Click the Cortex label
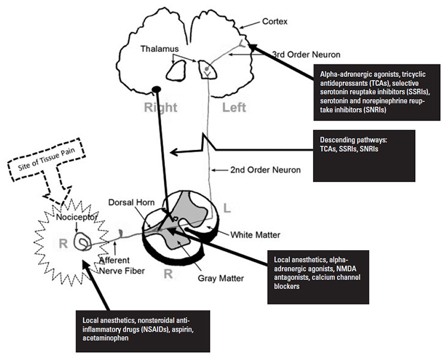pyautogui.click(x=275, y=21)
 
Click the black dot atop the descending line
pyautogui.click(x=157, y=90)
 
